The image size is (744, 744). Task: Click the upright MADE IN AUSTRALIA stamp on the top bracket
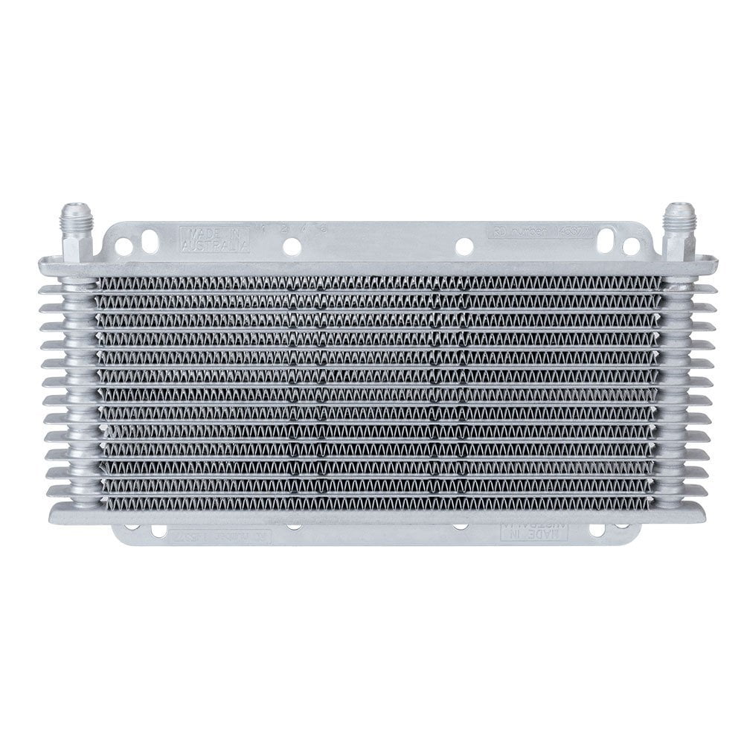[214, 239]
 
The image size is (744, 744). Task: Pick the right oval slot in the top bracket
[606, 238]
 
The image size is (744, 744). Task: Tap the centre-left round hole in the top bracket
[292, 246]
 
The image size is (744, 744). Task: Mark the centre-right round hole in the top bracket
[464, 246]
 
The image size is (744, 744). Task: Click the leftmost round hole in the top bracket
[124, 247]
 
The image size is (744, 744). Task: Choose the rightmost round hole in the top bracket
[631, 246]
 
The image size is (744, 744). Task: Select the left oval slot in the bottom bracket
[158, 530]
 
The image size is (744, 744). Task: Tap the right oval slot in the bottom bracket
[597, 530]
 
